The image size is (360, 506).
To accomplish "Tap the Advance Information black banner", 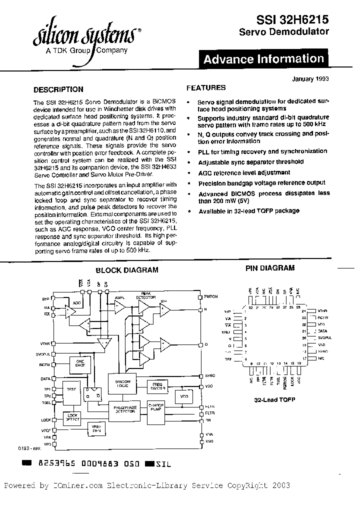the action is tap(263, 59).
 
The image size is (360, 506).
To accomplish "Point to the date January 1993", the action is tap(310, 79).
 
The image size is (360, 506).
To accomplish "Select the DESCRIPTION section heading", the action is tap(58, 90).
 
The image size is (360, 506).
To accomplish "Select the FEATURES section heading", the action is tap(206, 88).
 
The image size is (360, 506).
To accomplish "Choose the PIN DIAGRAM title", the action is tap(270, 268).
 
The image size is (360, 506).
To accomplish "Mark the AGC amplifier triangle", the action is tap(76, 303).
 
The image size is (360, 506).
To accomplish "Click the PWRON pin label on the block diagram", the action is tap(210, 296).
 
